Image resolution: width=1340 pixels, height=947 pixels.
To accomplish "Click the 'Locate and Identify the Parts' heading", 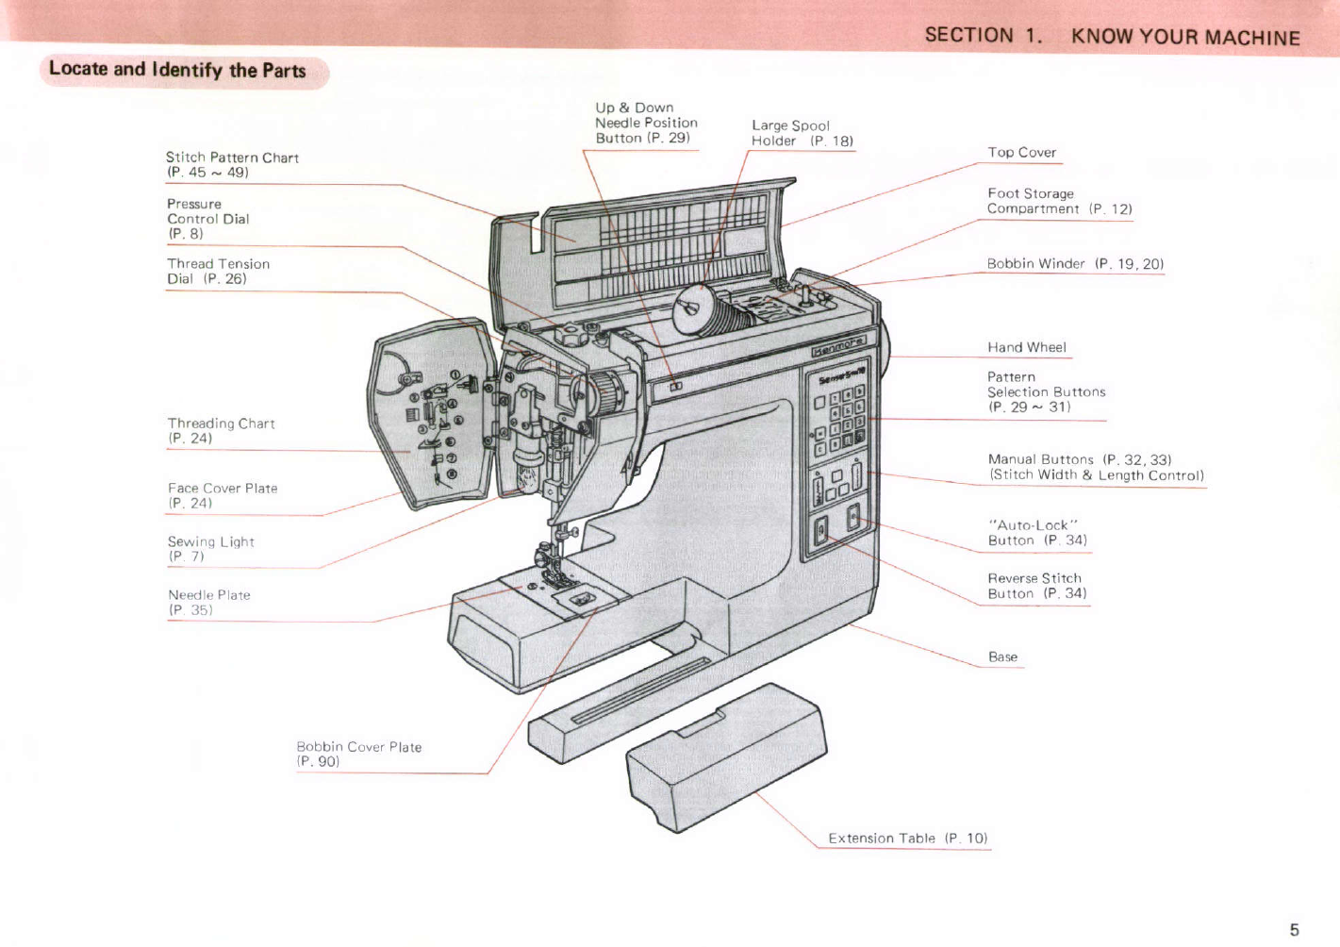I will coord(177,70).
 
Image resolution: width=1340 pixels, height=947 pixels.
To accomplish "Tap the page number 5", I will coord(1294,930).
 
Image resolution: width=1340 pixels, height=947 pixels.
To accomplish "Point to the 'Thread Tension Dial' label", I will coord(218,271).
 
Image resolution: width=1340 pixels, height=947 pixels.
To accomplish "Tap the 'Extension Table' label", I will coord(907,838).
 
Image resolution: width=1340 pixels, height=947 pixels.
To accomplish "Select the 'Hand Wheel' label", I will coord(1026,347).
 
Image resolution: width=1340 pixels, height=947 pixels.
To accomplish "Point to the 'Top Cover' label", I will coord(1021,152).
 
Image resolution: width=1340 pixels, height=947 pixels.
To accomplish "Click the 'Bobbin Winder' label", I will coord(1075,263).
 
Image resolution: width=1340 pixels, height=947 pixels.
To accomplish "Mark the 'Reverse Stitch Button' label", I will coord(1036,586).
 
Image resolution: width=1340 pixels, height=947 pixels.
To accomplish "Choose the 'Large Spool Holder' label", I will coord(802,133).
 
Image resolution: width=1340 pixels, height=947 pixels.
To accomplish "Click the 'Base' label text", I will coord(1002,656).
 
